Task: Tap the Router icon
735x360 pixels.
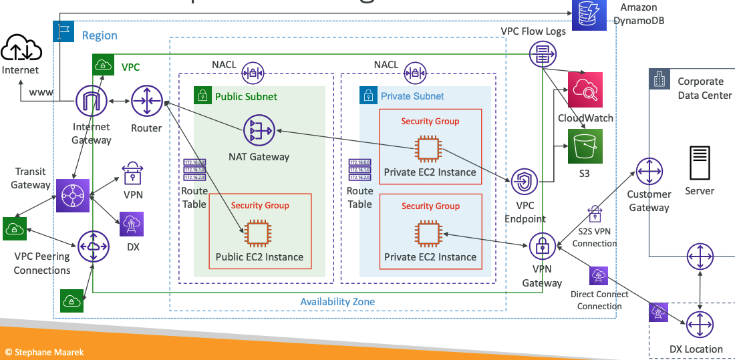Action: (146, 102)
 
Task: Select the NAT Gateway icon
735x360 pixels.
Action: (259, 132)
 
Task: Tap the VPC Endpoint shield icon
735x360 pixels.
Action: (525, 181)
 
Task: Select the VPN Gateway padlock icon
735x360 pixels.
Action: (543, 246)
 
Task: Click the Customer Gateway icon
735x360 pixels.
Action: (649, 172)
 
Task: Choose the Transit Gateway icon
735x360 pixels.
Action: (71, 196)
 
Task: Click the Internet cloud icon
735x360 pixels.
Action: (20, 48)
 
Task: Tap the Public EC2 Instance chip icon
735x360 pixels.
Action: (259, 233)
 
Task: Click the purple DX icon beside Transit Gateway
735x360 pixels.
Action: (132, 224)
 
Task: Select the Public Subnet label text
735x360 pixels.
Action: (246, 96)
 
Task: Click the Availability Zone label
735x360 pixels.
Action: (337, 302)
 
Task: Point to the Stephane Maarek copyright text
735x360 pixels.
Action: (45, 352)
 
